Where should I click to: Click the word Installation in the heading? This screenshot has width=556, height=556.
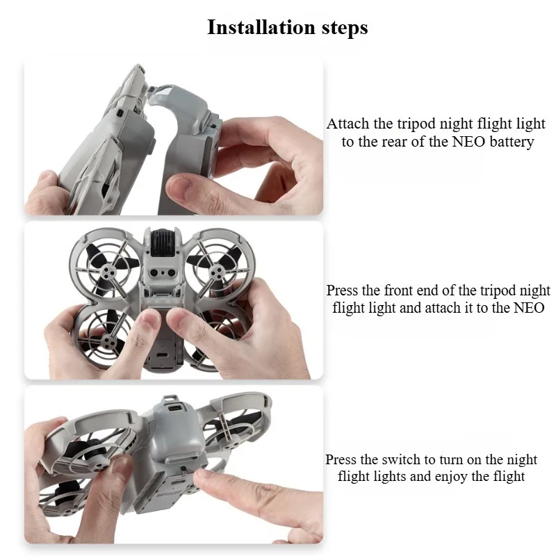[261, 27]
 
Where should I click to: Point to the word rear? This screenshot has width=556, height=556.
[394, 142]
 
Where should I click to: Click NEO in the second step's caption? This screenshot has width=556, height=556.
[529, 307]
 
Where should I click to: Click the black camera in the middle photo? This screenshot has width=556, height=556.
[164, 243]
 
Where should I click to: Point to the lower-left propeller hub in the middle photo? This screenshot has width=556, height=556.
[107, 341]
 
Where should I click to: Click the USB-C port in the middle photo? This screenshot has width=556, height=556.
[162, 356]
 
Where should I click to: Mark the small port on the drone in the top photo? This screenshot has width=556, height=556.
[120, 113]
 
